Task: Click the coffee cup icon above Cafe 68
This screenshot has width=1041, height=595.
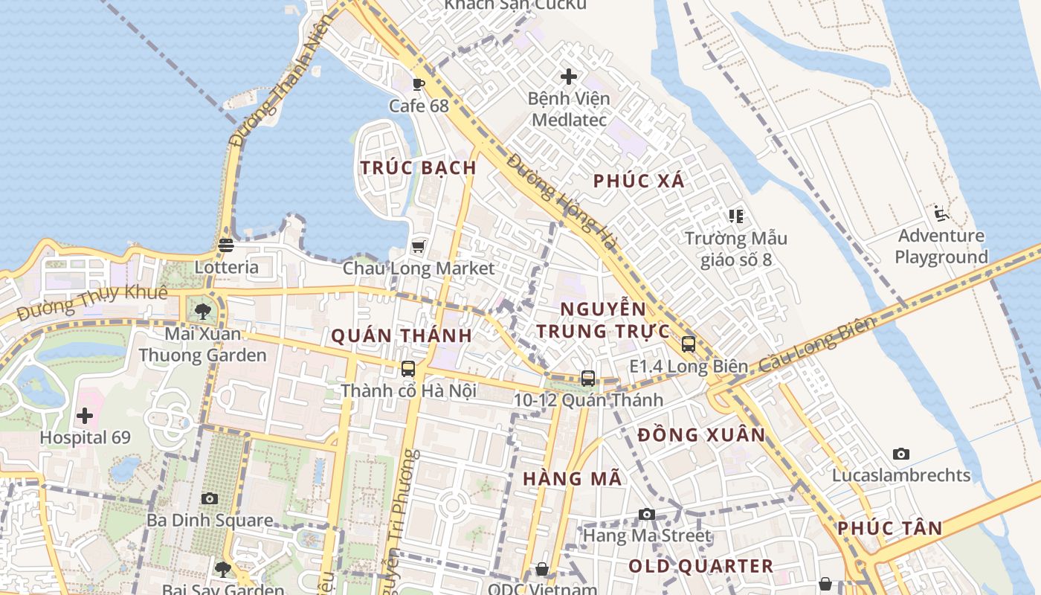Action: point(418,84)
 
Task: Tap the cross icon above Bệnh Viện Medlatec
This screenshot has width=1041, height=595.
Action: point(569,77)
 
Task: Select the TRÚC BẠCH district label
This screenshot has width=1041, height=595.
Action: point(418,168)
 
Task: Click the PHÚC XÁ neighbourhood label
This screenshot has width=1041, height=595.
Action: point(639,181)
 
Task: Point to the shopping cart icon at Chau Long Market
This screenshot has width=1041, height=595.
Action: point(418,246)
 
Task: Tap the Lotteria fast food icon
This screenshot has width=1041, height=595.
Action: point(226,245)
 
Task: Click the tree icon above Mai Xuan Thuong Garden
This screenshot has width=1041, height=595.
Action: point(202,311)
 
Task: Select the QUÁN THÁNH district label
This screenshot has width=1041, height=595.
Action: point(402,336)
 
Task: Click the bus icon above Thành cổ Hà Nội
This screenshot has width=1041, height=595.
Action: point(408,368)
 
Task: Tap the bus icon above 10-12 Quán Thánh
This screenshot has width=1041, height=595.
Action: point(588,378)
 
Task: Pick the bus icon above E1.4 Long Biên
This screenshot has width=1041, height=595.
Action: point(689,344)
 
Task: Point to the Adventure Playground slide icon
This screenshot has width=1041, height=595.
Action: point(941,213)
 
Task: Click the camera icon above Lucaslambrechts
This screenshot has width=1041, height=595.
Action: point(901,454)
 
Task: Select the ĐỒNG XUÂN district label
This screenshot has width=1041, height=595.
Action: point(701,435)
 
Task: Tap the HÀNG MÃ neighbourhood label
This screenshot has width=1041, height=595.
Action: point(572,479)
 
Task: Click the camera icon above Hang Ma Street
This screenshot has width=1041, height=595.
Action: point(647,514)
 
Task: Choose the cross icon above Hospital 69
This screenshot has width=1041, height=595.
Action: point(85,416)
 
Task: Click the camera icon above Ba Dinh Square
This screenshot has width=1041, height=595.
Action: point(210,498)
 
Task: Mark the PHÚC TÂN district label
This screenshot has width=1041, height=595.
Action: point(889,529)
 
